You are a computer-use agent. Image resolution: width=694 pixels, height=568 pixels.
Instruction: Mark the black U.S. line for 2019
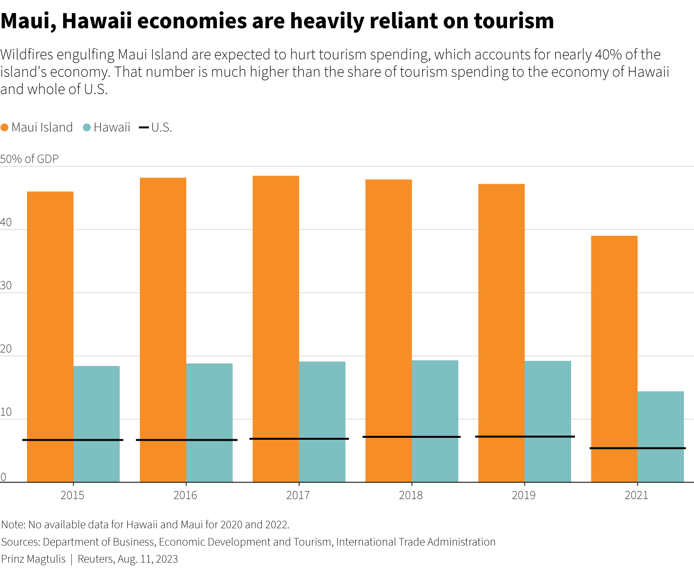click(525, 436)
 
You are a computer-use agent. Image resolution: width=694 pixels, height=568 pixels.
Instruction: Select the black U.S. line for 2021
click(638, 448)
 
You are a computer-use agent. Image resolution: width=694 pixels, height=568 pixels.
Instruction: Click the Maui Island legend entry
click(37, 127)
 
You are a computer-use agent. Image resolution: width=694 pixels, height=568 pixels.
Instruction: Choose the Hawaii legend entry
click(107, 127)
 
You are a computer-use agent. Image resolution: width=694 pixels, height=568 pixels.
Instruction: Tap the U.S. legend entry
click(156, 127)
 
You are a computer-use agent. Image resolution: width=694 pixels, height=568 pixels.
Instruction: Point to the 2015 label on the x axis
click(72, 495)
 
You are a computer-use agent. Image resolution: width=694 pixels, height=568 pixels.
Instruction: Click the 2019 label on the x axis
click(523, 495)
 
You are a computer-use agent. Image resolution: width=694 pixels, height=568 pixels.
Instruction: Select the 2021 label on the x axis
click(636, 495)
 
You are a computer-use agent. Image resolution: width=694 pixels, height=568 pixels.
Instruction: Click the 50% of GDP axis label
click(29, 159)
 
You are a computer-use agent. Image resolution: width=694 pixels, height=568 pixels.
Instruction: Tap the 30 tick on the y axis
click(6, 286)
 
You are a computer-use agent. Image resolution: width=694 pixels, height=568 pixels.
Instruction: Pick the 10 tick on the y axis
click(6, 412)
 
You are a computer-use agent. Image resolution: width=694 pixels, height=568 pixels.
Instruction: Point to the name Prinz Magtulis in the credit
click(33, 559)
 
